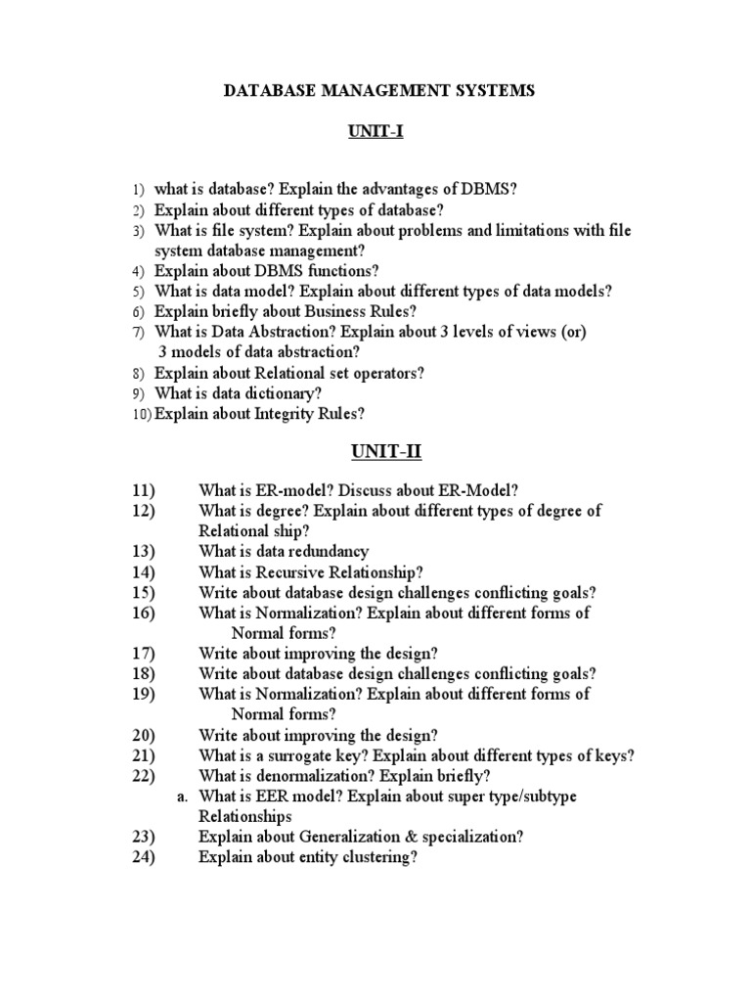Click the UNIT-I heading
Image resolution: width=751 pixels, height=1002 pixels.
point(375,134)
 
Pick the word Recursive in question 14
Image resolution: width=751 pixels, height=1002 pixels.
point(287,572)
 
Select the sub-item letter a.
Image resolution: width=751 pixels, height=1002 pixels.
point(182,797)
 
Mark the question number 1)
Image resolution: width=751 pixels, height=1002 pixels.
point(138,188)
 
